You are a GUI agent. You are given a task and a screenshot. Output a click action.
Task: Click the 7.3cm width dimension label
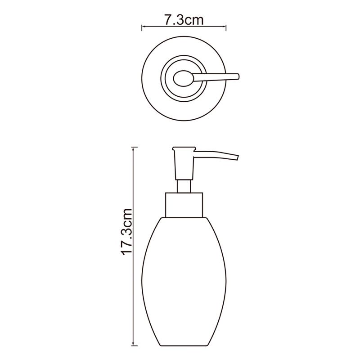[184, 20]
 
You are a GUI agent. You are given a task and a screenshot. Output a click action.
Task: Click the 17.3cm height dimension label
[127, 232]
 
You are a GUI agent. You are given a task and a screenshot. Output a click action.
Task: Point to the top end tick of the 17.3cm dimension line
[134, 147]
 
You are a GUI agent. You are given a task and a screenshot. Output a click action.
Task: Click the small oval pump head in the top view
[184, 78]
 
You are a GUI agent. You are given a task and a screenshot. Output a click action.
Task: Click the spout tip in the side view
[237, 158]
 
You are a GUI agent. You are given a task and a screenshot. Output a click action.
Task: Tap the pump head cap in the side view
[184, 149]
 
